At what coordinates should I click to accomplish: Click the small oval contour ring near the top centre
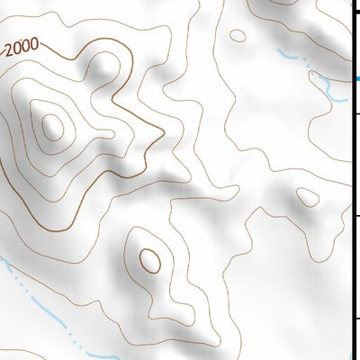[238, 36]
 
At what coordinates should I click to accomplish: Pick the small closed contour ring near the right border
[308, 195]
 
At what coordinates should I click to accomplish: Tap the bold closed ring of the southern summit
[149, 260]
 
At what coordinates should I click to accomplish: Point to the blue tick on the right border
[357, 79]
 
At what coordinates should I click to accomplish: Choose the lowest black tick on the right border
[357, 318]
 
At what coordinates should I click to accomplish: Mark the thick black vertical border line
[354, 180]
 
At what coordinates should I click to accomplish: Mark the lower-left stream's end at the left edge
[3, 262]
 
